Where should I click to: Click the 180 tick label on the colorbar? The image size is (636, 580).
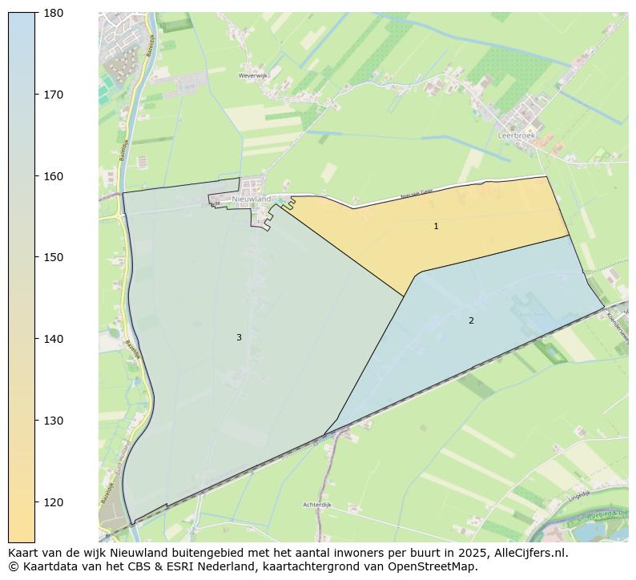54,13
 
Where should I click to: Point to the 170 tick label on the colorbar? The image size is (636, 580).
54,95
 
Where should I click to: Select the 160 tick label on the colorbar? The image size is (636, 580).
54,176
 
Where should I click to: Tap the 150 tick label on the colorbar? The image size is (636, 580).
54,257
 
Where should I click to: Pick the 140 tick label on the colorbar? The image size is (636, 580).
54,339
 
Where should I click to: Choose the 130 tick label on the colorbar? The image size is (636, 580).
54,421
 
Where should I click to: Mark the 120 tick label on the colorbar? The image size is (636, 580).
54,502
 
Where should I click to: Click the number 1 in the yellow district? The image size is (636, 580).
436,227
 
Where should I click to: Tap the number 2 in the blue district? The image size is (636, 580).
471,321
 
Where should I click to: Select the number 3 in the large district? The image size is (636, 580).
239,338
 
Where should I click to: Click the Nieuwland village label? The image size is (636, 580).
252,199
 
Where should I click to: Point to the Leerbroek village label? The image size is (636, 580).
516,136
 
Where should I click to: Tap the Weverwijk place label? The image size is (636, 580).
252,76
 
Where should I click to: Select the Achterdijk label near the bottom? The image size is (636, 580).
317,505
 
